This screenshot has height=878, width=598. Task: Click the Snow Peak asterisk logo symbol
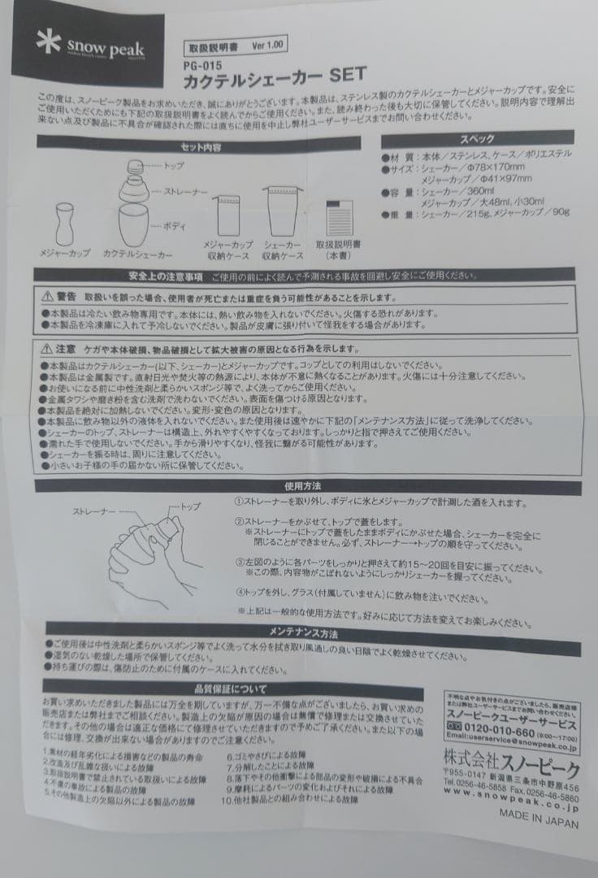point(49,43)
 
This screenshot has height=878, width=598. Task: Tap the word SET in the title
point(347,75)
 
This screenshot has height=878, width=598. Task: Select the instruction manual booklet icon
point(336,219)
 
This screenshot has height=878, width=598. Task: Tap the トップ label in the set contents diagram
point(172,165)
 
